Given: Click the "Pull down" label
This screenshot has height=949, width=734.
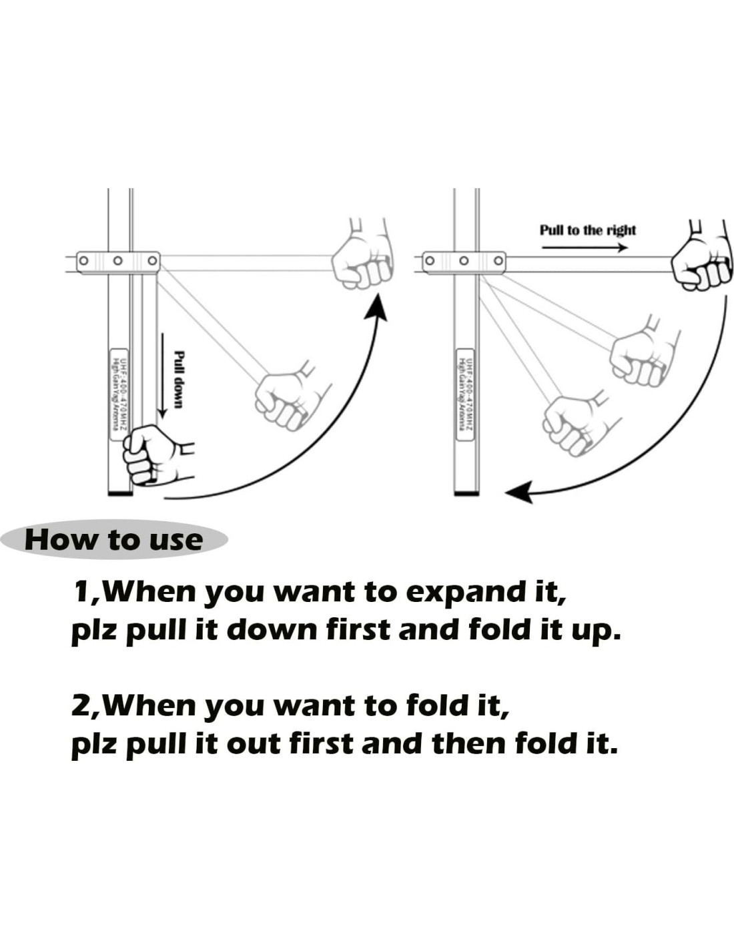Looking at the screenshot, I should [x=178, y=379].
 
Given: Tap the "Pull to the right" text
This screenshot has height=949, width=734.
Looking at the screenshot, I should [x=587, y=230].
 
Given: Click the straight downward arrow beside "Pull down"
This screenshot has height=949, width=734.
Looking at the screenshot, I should [x=161, y=374].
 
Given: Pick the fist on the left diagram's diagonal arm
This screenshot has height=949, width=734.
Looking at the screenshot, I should [x=287, y=399].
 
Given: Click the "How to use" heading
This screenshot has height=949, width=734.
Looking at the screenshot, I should [x=113, y=539].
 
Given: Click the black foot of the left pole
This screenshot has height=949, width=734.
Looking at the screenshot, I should [x=120, y=493].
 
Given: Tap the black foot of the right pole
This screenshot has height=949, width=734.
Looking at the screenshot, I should [x=466, y=493].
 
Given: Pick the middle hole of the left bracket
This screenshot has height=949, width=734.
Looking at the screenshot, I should [x=117, y=260].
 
